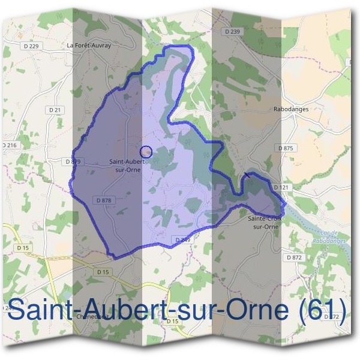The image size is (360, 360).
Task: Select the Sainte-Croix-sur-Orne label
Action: (x=265, y=223)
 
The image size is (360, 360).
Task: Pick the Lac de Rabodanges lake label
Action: (x=326, y=236)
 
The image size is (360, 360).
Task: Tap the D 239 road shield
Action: (x=232, y=31)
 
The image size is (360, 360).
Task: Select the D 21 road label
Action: (x=55, y=110)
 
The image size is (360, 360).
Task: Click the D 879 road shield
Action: (x=72, y=161)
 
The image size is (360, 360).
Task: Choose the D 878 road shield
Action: (x=103, y=200)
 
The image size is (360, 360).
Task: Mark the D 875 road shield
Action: (x=286, y=148)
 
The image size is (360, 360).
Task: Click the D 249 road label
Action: (x=182, y=239)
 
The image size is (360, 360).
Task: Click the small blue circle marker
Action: (x=146, y=152)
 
